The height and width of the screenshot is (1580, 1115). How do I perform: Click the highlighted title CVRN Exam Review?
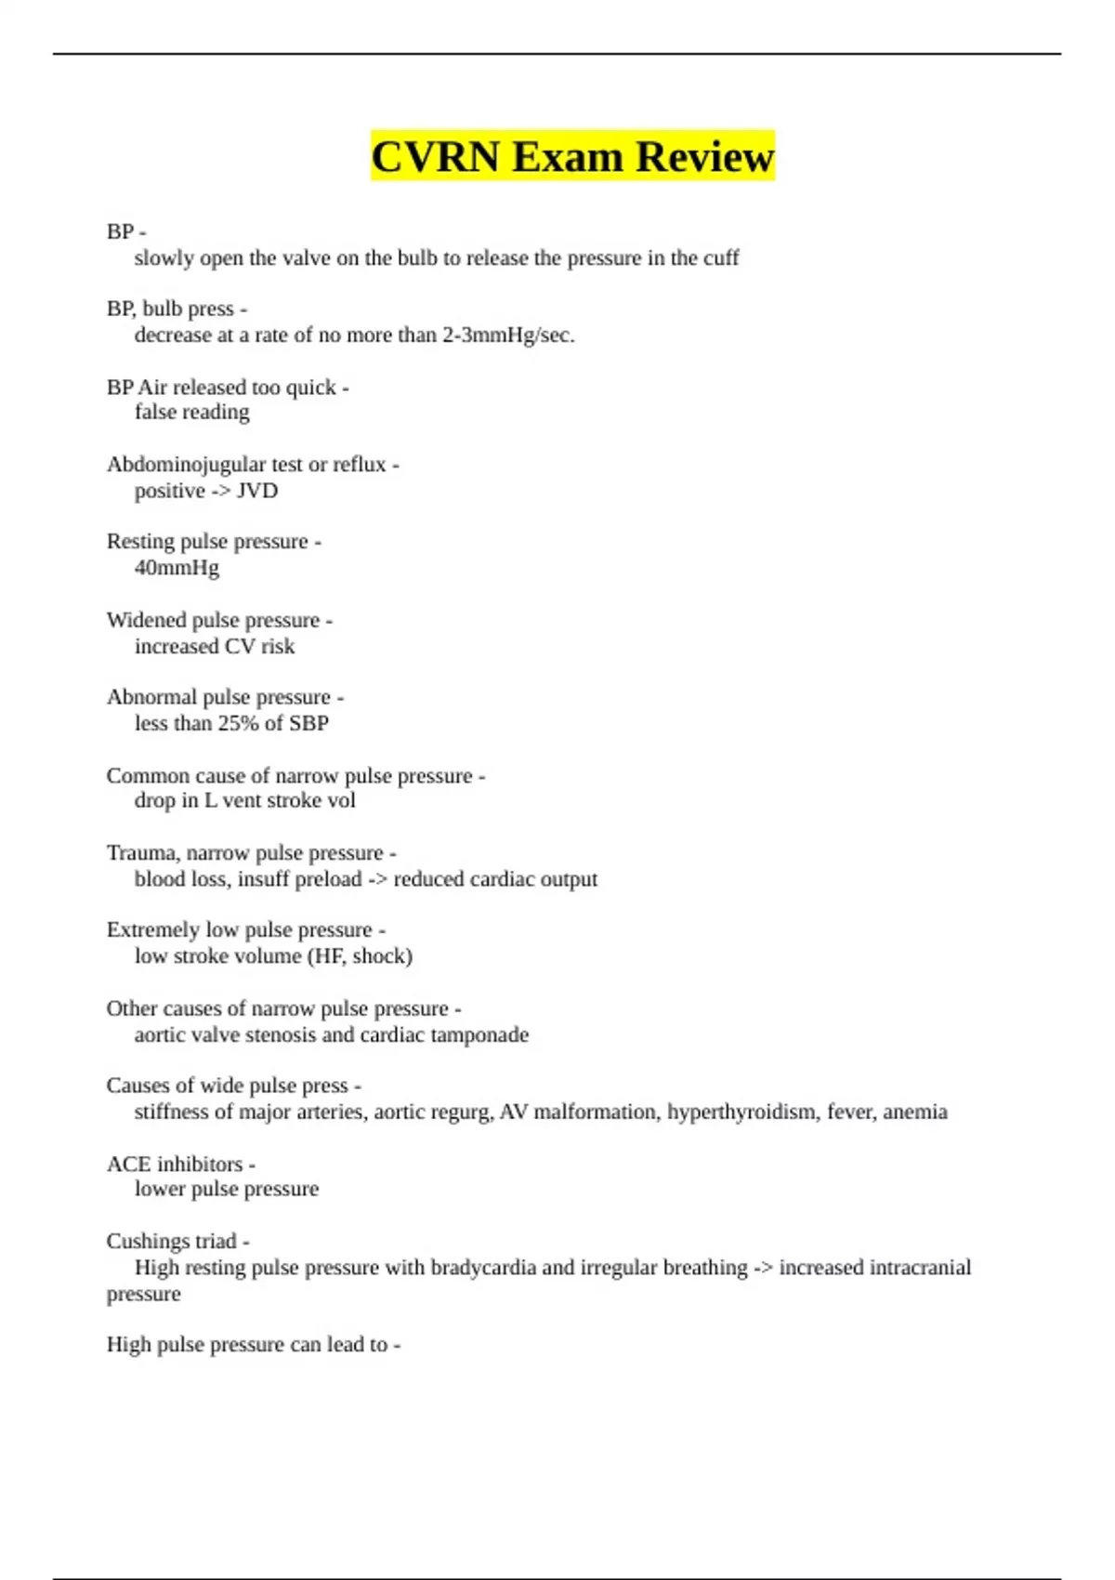click(572, 156)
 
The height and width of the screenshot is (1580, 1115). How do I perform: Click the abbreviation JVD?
click(257, 491)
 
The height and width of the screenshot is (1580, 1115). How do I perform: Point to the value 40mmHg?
click(177, 568)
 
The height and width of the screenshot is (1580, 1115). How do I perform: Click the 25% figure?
click(238, 723)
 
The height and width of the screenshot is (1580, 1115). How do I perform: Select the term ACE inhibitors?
click(175, 1164)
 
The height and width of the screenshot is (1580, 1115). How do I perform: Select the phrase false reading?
click(191, 413)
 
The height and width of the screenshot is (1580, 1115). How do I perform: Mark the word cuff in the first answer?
click(721, 258)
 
